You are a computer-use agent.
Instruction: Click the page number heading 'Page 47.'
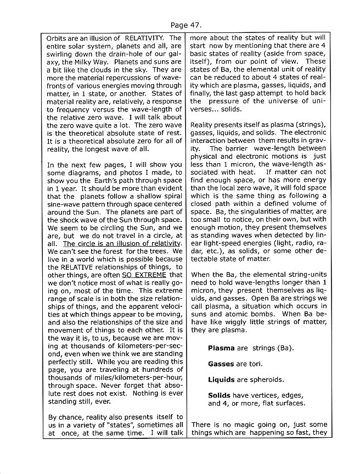[186, 25]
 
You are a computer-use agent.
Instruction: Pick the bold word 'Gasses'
[221, 364]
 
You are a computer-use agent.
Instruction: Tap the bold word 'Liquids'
[222, 380]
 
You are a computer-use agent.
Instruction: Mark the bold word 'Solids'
[219, 395]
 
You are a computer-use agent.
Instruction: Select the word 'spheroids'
[267, 380]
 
